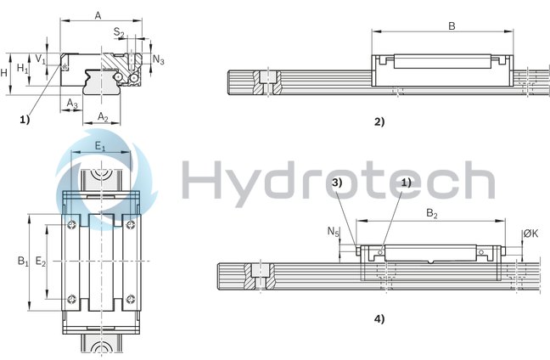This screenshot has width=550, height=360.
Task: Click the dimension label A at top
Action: pyautogui.click(x=98, y=15)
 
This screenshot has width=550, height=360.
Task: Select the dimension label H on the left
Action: pyautogui.click(x=6, y=72)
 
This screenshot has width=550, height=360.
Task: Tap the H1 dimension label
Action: pyautogui.click(x=23, y=66)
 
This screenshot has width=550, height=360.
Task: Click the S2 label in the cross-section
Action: pyautogui.click(x=120, y=33)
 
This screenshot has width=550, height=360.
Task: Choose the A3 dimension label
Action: pyautogui.click(x=72, y=102)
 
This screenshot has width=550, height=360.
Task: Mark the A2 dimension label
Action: pyautogui.click(x=103, y=115)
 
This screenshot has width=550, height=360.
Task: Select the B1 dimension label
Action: pyautogui.click(x=23, y=262)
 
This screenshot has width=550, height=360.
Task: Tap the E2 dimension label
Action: pyautogui.click(x=40, y=262)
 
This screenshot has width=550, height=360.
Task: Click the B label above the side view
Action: pyautogui.click(x=452, y=26)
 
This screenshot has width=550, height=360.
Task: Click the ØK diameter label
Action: pyautogui.click(x=529, y=233)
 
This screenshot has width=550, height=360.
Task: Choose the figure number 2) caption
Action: pyautogui.click(x=379, y=121)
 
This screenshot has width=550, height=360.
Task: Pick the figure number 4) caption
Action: pyautogui.click(x=379, y=319)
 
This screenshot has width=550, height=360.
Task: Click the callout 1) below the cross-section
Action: pyautogui.click(x=25, y=120)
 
